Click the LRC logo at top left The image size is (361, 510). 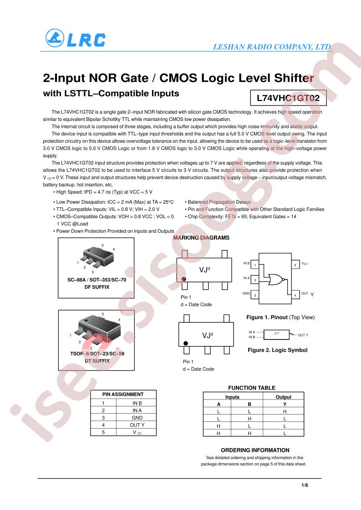click(x=75, y=38)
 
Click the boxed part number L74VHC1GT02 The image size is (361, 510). click(x=288, y=98)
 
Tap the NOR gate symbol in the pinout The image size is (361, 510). click(x=276, y=279)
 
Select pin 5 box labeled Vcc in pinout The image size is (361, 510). click(x=295, y=265)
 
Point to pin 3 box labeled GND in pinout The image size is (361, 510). click(x=255, y=295)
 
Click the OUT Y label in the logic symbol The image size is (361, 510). click(x=303, y=335)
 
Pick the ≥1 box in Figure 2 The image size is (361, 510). click(x=276, y=335)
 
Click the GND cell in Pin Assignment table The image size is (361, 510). click(x=137, y=418)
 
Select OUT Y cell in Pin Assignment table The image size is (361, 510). click(x=137, y=425)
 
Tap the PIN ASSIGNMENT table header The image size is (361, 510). click(x=123, y=394)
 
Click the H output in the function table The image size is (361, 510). click(x=285, y=411)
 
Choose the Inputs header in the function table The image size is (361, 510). click(x=232, y=397)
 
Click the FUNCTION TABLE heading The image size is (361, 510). click(x=252, y=388)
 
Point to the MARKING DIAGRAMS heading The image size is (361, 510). click(x=201, y=238)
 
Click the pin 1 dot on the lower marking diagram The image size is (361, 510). click(x=186, y=343)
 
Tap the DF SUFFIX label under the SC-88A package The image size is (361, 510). click(x=97, y=287)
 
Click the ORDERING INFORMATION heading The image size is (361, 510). click(x=255, y=450)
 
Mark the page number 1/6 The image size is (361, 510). click(x=305, y=485)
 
